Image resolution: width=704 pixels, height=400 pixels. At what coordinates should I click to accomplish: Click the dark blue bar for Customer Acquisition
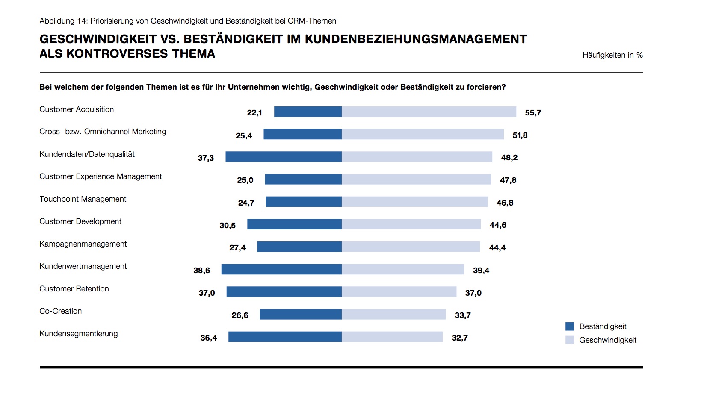click(x=308, y=112)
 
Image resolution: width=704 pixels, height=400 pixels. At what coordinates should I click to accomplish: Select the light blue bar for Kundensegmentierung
click(x=392, y=337)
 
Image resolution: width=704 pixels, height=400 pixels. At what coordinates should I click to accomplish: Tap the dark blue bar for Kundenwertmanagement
click(x=281, y=269)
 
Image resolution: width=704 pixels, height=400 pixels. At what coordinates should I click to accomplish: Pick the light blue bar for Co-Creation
click(x=394, y=314)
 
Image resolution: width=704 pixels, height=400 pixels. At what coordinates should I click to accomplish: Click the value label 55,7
click(x=533, y=113)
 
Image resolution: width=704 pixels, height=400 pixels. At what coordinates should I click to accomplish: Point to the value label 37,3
click(x=206, y=158)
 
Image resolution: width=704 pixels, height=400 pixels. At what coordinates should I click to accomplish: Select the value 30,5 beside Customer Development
click(x=228, y=226)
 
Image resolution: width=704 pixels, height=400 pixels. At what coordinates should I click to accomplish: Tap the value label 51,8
click(x=520, y=135)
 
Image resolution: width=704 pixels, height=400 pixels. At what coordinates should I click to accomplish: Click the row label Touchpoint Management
click(x=83, y=199)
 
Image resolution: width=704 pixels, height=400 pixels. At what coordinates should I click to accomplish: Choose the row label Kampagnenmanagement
click(x=83, y=244)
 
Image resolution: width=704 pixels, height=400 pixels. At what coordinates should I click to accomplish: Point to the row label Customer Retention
click(x=74, y=289)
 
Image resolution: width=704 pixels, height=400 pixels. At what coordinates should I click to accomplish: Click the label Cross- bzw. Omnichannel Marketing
click(x=103, y=132)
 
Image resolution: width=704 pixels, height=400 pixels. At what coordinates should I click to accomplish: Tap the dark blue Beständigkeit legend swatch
click(x=569, y=326)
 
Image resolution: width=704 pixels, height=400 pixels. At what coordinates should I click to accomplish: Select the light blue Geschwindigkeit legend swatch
click(x=569, y=340)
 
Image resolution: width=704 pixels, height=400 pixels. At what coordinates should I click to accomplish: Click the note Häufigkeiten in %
click(x=612, y=55)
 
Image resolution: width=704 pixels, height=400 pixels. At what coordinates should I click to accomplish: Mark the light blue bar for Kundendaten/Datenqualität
click(x=417, y=157)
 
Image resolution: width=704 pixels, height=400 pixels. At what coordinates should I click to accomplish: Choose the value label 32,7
click(x=460, y=338)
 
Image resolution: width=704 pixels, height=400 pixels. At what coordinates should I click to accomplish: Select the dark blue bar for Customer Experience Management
click(x=303, y=179)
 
